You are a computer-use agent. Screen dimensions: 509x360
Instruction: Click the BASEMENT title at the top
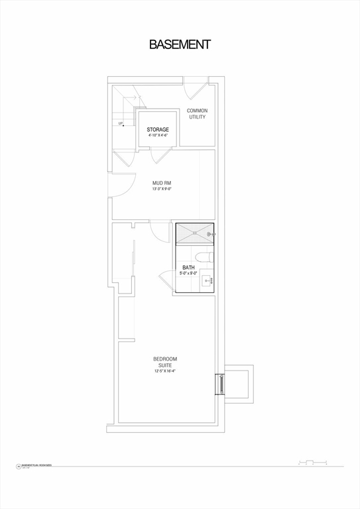(180, 44)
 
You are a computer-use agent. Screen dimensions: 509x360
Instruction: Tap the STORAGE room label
(158, 130)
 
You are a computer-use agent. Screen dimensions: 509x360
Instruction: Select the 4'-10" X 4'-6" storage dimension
(158, 136)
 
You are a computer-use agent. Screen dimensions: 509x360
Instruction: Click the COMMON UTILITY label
(196, 113)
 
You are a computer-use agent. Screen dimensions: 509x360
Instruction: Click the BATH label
(188, 268)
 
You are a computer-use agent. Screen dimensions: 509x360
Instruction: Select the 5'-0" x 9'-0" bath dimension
(188, 273)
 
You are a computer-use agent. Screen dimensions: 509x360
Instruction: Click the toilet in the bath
(203, 256)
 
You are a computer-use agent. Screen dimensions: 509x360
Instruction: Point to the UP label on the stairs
(121, 123)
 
